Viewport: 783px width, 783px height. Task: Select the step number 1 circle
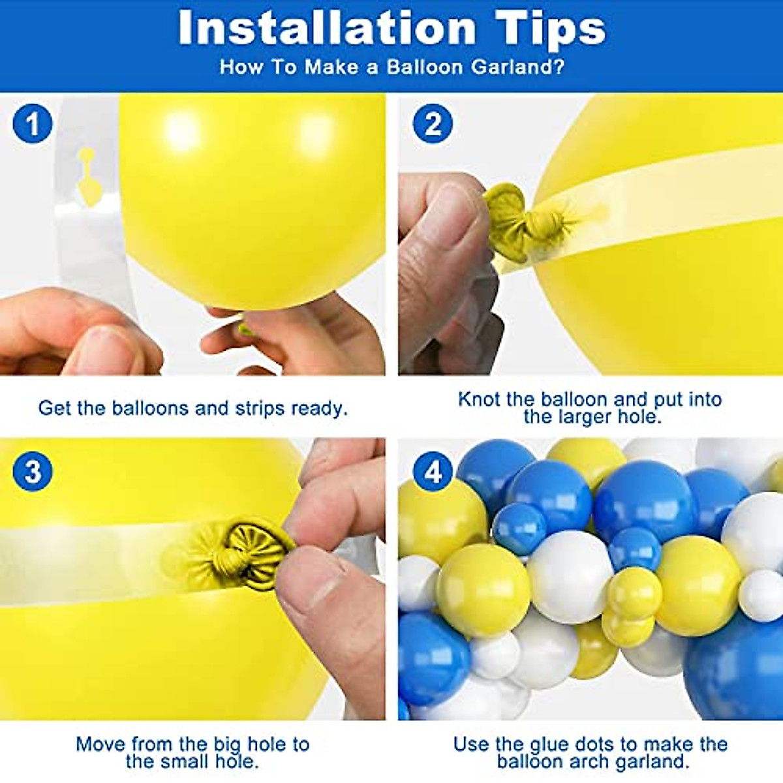click(33, 123)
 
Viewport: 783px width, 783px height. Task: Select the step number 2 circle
click(433, 123)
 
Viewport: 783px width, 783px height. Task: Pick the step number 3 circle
click(33, 471)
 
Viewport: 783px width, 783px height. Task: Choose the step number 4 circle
click(433, 471)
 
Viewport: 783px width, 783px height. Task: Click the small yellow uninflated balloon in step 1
click(88, 179)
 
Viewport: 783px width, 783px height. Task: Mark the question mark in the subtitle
click(558, 67)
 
